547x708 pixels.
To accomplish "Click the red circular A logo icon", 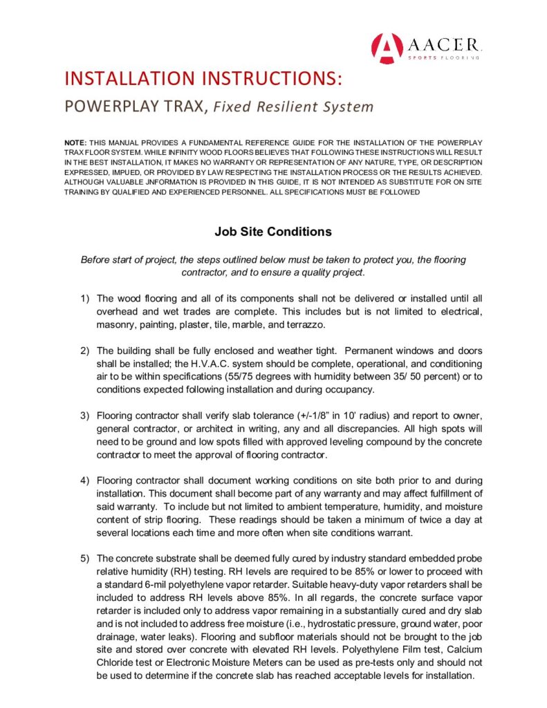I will click(x=385, y=47).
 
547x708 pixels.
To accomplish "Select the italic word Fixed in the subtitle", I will click(x=233, y=107).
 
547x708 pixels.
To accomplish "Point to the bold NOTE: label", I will click(x=75, y=142).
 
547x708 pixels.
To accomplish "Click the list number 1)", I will click(x=84, y=299).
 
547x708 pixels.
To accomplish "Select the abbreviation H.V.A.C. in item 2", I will click(x=212, y=364).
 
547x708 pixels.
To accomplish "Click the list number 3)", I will click(x=84, y=416).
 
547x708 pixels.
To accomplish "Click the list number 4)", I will click(x=84, y=480).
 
